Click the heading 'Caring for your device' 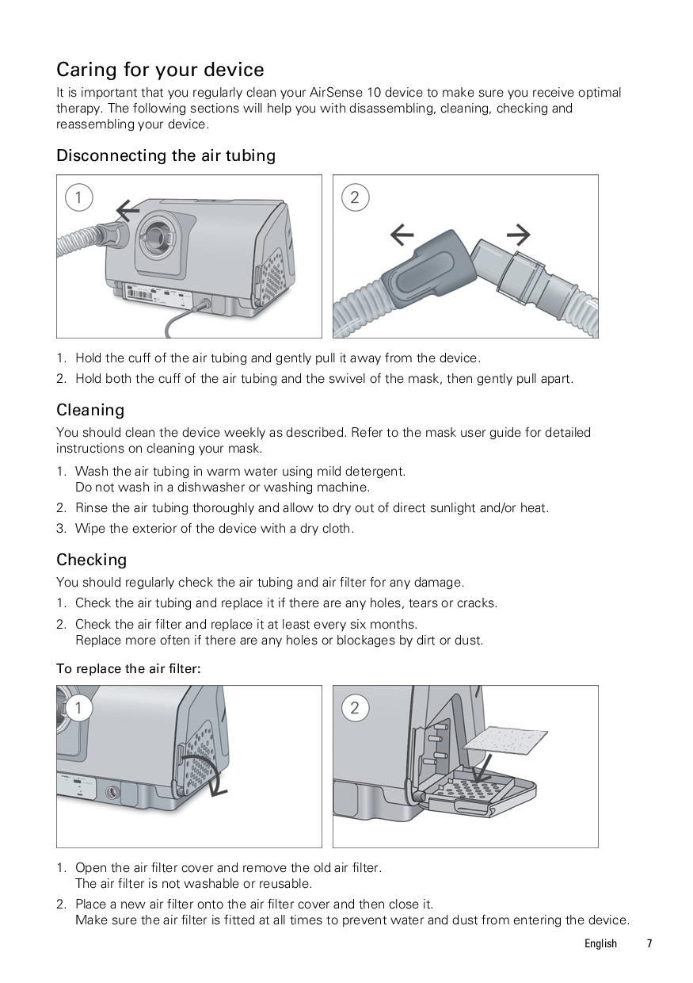point(160,70)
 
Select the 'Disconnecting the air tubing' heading point(166,155)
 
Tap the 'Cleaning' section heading point(90,410)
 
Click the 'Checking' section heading point(91,560)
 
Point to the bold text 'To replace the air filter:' point(128,668)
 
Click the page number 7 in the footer point(649,943)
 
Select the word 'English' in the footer point(600,943)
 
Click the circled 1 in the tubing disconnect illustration point(78,197)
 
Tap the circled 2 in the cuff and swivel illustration point(354,197)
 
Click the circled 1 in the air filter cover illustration point(78,707)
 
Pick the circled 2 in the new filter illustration point(354,707)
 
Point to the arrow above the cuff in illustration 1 point(128,210)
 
